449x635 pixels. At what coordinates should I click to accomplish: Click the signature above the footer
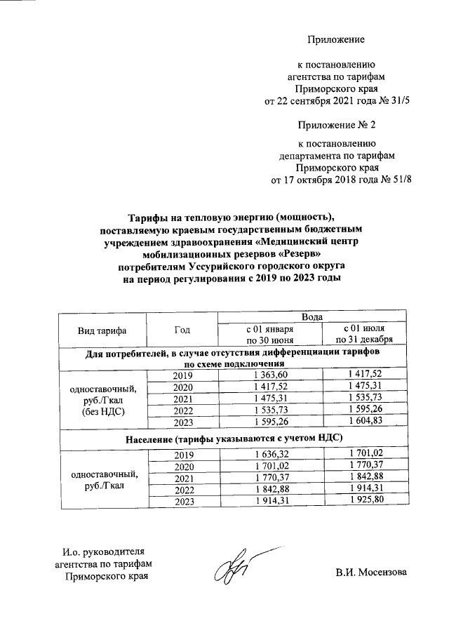232,568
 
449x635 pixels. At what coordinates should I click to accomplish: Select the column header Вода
311,318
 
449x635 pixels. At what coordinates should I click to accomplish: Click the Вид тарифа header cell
102,329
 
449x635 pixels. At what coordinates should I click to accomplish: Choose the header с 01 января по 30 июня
269,334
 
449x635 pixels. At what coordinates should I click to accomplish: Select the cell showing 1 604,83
364,422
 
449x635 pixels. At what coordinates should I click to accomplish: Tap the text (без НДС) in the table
104,412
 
